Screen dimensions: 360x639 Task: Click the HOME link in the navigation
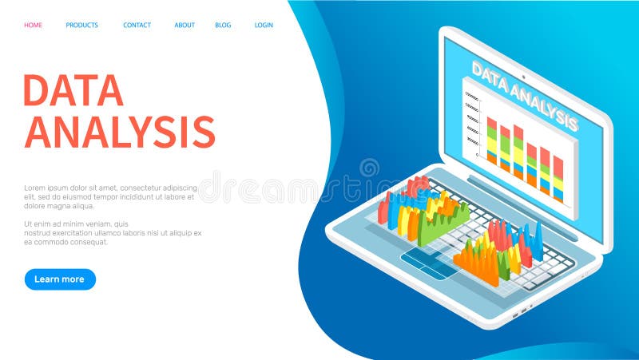coord(33,25)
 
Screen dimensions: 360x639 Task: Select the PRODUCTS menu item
coord(81,25)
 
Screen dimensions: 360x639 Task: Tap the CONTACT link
coord(137,25)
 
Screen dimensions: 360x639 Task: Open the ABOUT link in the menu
coord(185,25)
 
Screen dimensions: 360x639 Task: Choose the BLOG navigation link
coord(223,25)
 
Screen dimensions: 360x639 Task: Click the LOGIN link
coord(264,25)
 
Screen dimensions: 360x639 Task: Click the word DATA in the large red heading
coord(73,90)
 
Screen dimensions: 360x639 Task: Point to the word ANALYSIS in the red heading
coord(120,132)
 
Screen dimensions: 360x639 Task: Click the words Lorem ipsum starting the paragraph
coord(45,188)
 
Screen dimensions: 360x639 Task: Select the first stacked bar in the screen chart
coord(491,140)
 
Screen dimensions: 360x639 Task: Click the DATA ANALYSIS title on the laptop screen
coord(524,95)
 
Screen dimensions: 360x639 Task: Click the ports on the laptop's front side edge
coord(518,311)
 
